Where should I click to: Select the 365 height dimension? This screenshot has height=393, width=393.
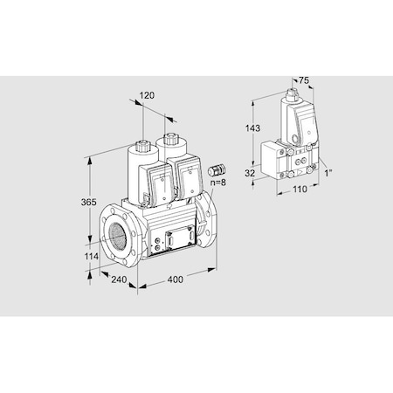click(x=77, y=202)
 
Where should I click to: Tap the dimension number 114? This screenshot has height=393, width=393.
click(x=77, y=257)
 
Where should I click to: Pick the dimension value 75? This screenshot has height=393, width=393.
click(x=303, y=79)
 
